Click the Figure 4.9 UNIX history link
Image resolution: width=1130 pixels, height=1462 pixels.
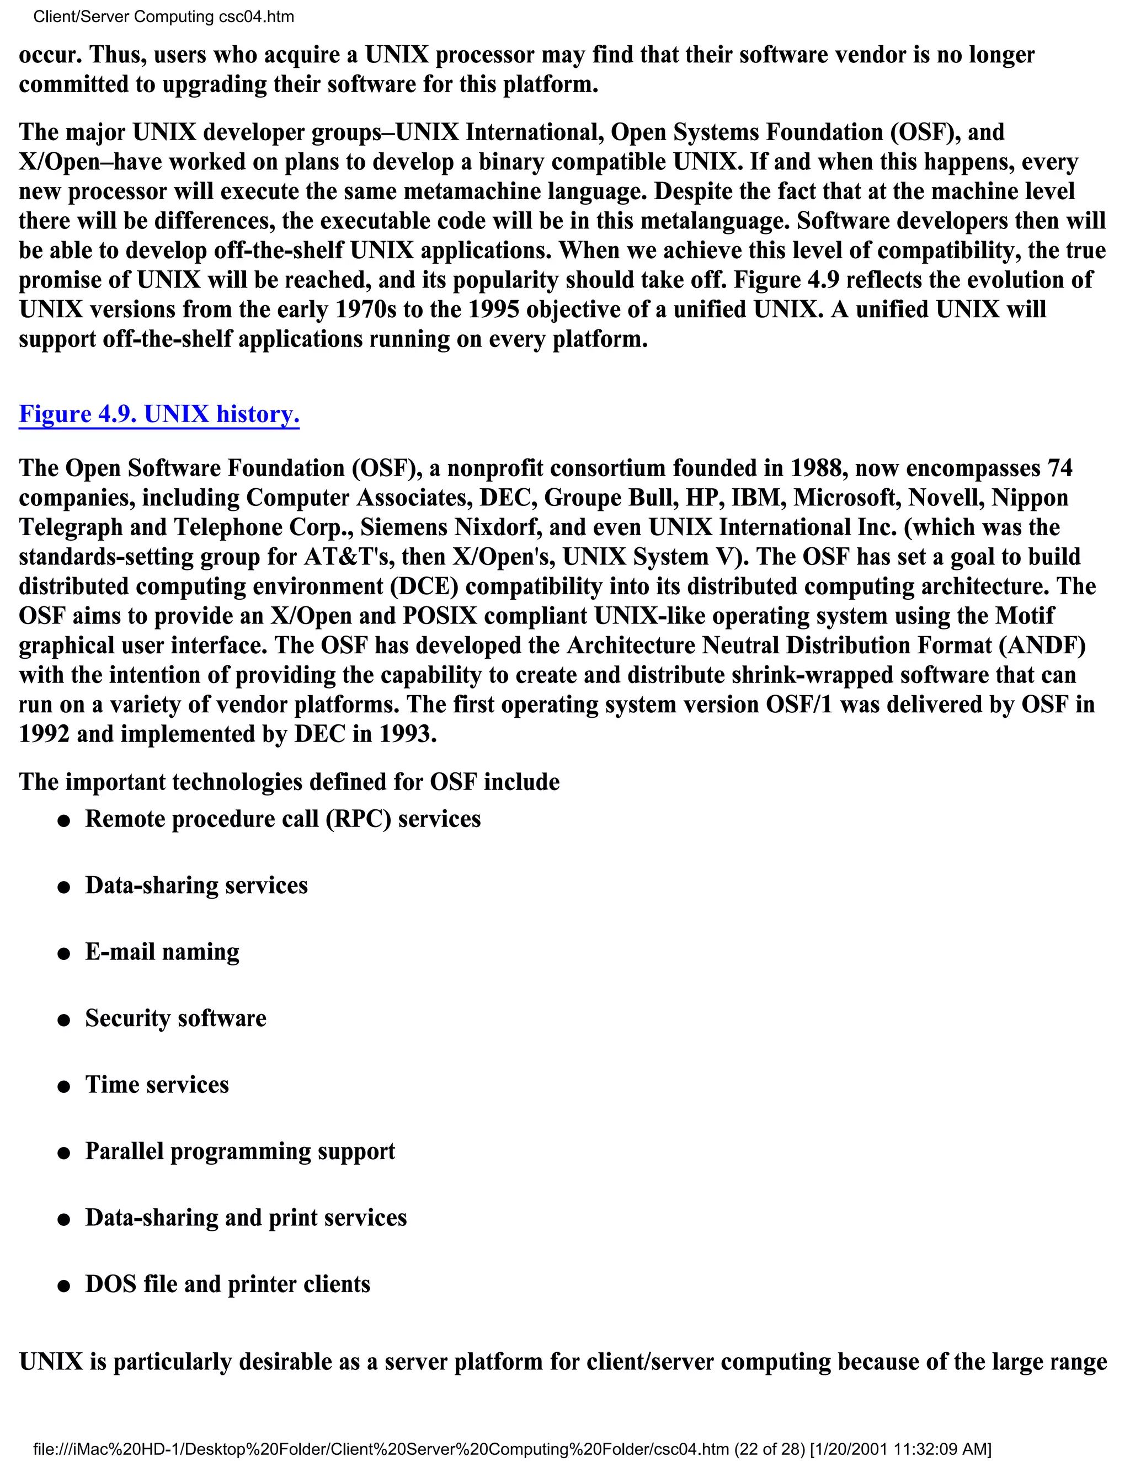click(159, 414)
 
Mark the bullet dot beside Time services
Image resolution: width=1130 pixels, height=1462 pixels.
click(64, 1086)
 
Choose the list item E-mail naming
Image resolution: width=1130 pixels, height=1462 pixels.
click(162, 952)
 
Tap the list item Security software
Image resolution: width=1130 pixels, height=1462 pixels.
click(175, 1018)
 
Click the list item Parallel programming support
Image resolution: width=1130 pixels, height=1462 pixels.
click(239, 1151)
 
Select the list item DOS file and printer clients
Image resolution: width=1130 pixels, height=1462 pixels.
click(228, 1284)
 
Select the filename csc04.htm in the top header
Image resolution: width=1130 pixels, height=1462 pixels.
click(257, 17)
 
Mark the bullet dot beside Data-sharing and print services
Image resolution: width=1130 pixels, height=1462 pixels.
click(64, 1220)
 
